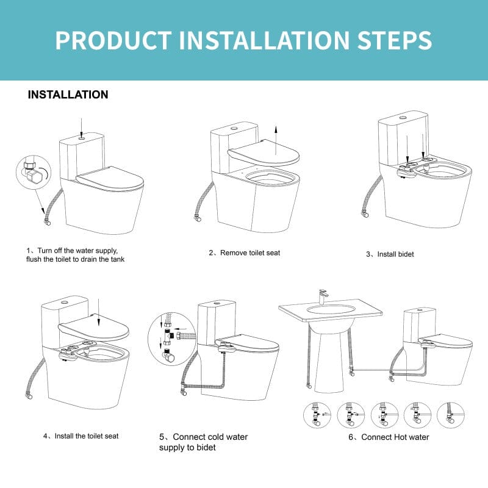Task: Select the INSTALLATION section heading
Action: tap(68, 95)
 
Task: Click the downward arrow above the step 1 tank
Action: tap(82, 126)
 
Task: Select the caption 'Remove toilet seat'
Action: tap(244, 253)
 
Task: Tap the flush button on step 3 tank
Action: tap(403, 116)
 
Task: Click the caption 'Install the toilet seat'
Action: tap(81, 436)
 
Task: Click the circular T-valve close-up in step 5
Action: tap(171, 339)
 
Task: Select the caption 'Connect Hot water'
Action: tap(389, 437)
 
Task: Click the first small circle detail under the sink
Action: tap(317, 415)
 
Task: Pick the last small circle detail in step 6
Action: tap(450, 415)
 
